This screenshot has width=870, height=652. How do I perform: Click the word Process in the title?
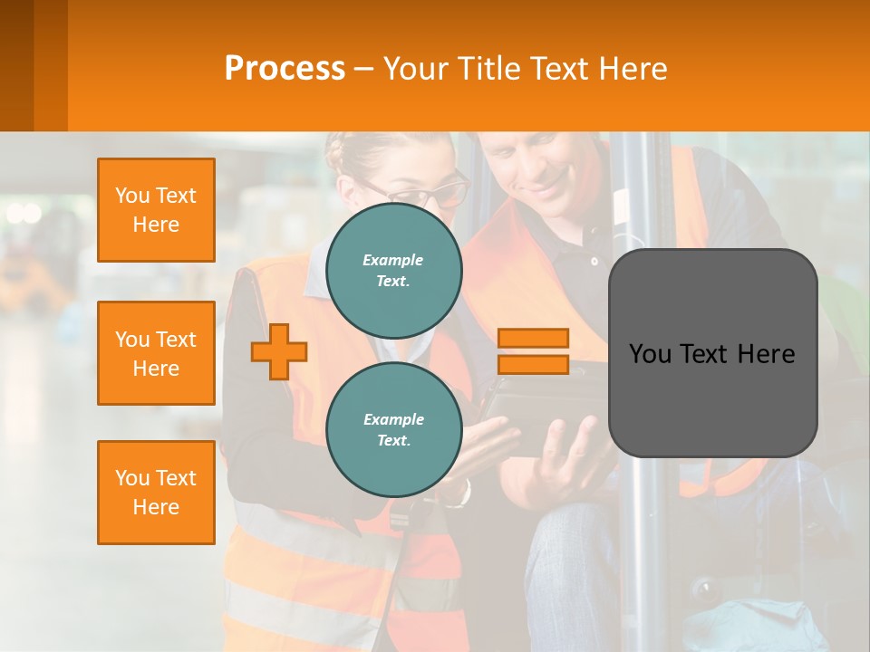pos(285,69)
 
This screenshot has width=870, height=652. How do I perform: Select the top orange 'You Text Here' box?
pos(156,210)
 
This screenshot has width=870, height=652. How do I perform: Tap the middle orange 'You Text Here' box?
pos(156,353)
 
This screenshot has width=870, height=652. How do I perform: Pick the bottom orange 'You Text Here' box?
pos(156,493)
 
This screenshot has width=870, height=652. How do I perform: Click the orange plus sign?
pos(279,351)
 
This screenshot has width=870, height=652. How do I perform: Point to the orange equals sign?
pos(533,351)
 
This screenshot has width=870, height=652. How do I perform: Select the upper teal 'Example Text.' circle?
pos(394,270)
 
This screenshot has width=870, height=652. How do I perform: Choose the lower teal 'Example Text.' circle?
pos(394,429)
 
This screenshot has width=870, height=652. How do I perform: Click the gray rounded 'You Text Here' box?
pos(712,353)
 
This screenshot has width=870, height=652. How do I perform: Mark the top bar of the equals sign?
pos(533,339)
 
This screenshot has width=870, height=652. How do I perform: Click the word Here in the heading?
pos(634,69)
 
